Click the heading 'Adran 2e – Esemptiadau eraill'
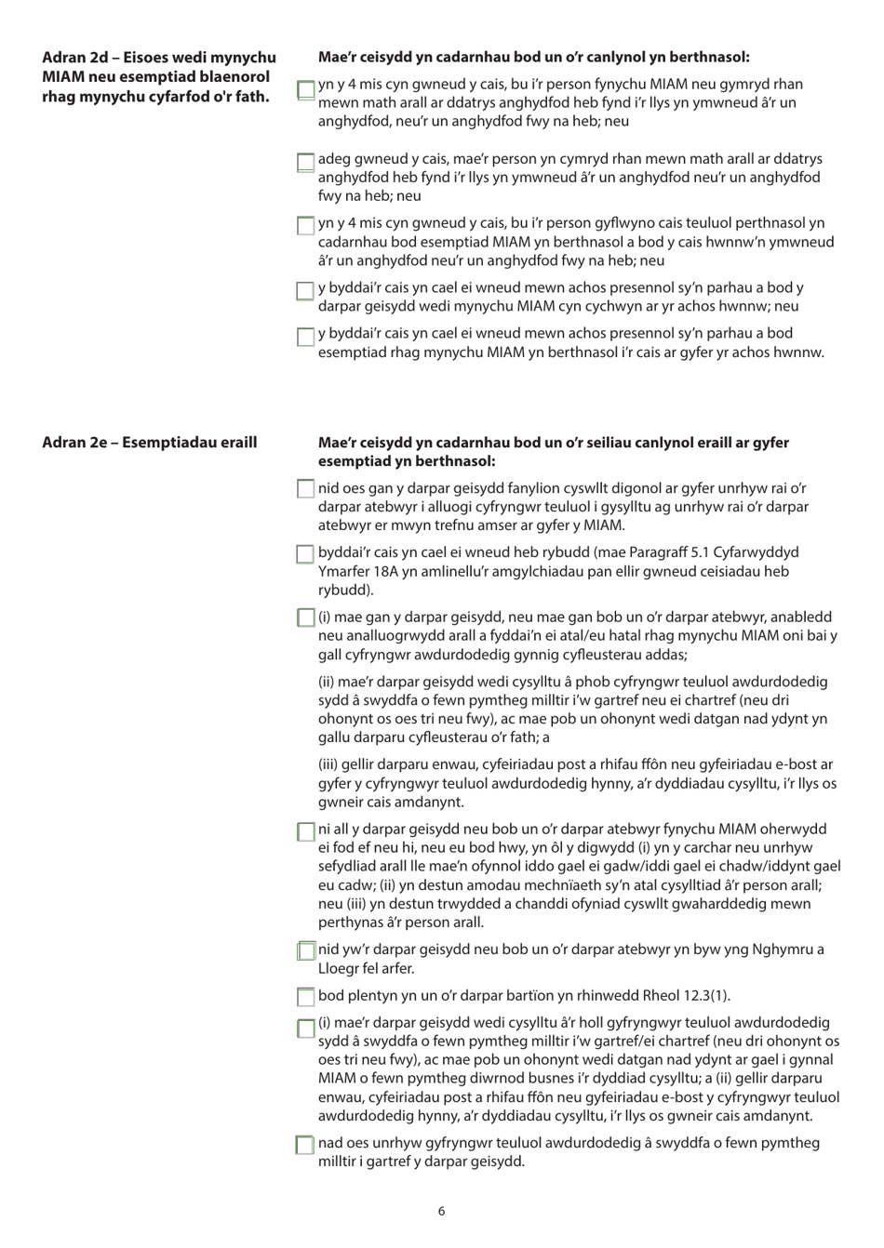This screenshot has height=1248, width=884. tap(149, 443)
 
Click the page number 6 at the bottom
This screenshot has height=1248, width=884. tap(441, 1211)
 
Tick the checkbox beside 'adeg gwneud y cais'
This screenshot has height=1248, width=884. tap(305, 163)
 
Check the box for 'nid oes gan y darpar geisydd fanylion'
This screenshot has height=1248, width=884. tap(305, 488)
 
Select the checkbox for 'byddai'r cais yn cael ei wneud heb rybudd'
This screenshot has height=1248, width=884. tap(305, 554)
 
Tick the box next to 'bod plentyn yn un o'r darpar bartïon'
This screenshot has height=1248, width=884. tap(305, 997)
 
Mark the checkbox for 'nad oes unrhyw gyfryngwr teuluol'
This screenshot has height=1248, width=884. tap(305, 1145)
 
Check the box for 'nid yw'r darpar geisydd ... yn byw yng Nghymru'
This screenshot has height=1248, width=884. tap(305, 950)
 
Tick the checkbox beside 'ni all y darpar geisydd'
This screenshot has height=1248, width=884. tap(305, 831)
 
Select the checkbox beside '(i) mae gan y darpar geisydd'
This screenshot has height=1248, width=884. tap(305, 617)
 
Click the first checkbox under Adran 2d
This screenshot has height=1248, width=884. tap(305, 90)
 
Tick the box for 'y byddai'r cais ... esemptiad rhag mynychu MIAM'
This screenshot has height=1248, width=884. tap(305, 337)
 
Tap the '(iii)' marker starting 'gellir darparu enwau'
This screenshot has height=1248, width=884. tap(328, 764)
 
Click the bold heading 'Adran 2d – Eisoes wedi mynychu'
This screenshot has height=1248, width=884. tap(159, 58)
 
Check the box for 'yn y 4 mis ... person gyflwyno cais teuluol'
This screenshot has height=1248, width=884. tap(305, 226)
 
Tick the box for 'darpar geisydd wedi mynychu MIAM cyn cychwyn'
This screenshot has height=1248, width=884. tap(305, 291)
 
